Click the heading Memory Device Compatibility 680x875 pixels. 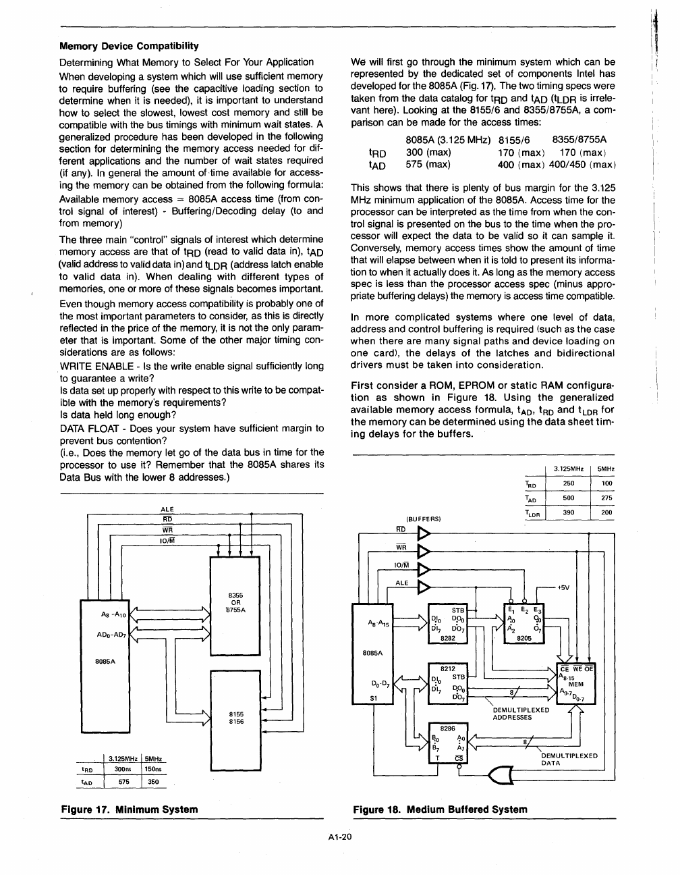(x=129, y=46)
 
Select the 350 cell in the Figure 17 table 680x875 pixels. (x=153, y=782)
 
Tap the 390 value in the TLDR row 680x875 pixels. (x=568, y=512)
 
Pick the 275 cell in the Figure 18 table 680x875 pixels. (x=606, y=498)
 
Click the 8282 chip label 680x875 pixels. (x=447, y=637)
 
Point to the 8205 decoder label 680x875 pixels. (x=524, y=637)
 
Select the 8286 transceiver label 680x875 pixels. (x=447, y=728)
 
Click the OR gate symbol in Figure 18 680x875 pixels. (x=499, y=776)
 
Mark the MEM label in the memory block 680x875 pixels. (x=575, y=684)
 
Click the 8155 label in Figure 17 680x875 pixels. (x=236, y=714)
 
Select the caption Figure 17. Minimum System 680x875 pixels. (x=130, y=809)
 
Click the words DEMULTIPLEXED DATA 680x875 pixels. (x=569, y=759)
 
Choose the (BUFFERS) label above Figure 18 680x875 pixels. (x=423, y=519)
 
